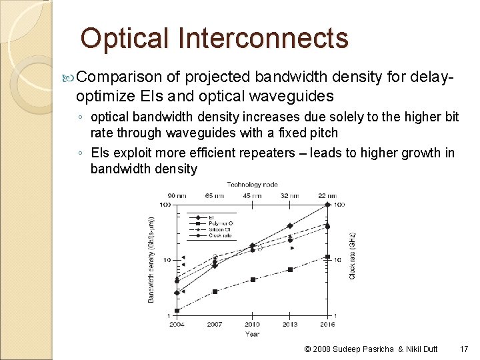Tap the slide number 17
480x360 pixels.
(464, 349)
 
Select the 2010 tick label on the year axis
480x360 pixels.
(253, 325)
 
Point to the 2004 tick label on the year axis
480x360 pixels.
(177, 325)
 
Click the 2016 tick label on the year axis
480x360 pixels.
(327, 325)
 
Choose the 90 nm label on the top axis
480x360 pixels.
(177, 195)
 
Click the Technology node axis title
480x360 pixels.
(253, 184)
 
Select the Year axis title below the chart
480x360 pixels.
(252, 333)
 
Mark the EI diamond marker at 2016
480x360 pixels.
(327, 205)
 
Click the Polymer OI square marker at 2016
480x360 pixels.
(327, 257)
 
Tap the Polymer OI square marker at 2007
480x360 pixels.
(215, 291)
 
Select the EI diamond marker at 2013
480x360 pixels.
(290, 225)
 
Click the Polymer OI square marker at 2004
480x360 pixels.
(177, 311)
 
